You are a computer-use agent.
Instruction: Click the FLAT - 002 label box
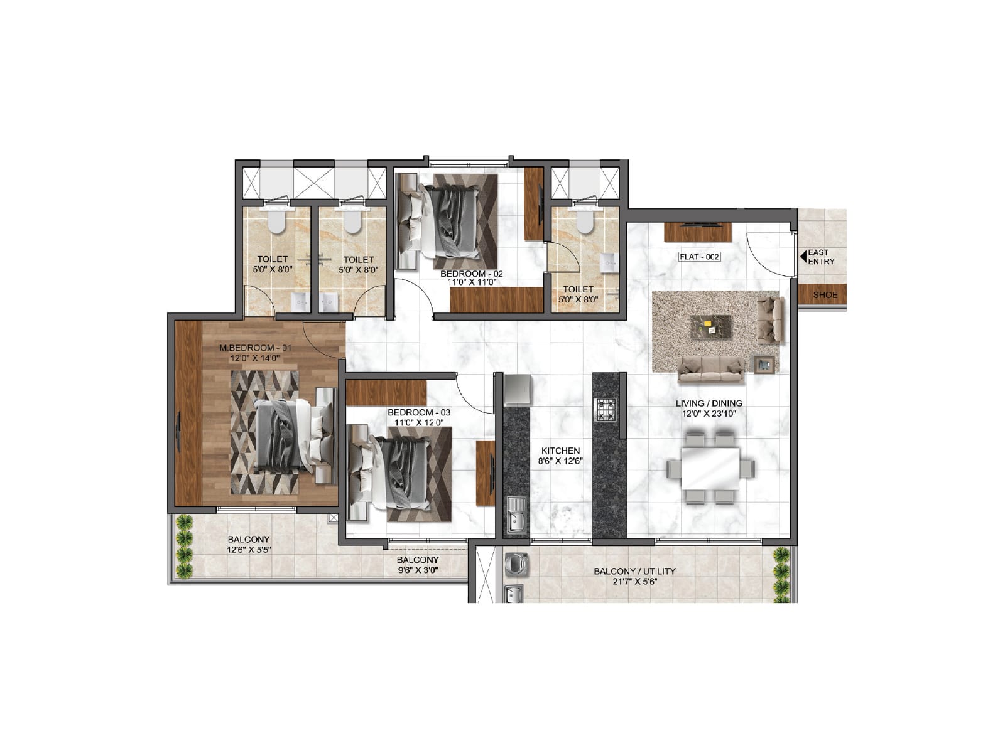coord(699,257)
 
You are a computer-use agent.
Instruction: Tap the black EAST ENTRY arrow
coord(803,256)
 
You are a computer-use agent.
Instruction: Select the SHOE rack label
coord(825,295)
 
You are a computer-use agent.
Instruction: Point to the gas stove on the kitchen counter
coord(606,409)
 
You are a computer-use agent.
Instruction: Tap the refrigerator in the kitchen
coord(518,390)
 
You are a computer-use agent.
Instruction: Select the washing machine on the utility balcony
coord(516,563)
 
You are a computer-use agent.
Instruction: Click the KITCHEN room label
coord(560,451)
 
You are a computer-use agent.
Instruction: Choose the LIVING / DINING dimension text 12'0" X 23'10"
coord(709,414)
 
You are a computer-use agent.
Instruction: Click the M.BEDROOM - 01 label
coord(255,348)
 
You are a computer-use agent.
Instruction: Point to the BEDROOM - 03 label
coord(418,412)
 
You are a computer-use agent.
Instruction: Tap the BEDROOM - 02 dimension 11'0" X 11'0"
coord(472,282)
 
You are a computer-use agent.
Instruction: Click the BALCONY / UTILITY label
coord(634,571)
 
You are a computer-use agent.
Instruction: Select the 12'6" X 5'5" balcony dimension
coord(249,550)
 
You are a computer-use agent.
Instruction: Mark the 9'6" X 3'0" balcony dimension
coord(417,570)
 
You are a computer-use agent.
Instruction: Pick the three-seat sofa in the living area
coord(711,369)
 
